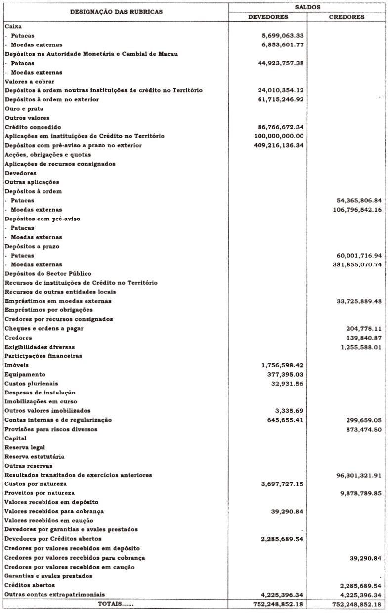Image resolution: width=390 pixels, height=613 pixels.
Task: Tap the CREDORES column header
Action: coord(347,16)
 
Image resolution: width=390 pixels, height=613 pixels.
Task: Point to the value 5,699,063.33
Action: coord(282,36)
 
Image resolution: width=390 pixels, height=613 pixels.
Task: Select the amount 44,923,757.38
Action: coord(280,63)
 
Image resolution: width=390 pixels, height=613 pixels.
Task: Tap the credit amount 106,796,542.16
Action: coord(356,210)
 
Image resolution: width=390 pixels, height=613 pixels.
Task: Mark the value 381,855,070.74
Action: coord(356,264)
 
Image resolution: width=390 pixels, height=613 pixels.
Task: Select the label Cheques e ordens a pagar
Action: coord(43,328)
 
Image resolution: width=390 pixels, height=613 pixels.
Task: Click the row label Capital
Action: coord(15,438)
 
